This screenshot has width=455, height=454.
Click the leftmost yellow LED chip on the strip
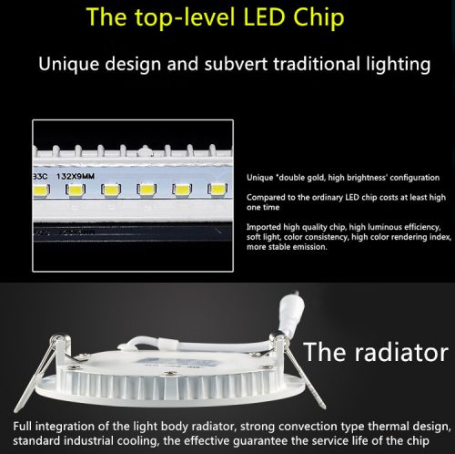click(x=40, y=190)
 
